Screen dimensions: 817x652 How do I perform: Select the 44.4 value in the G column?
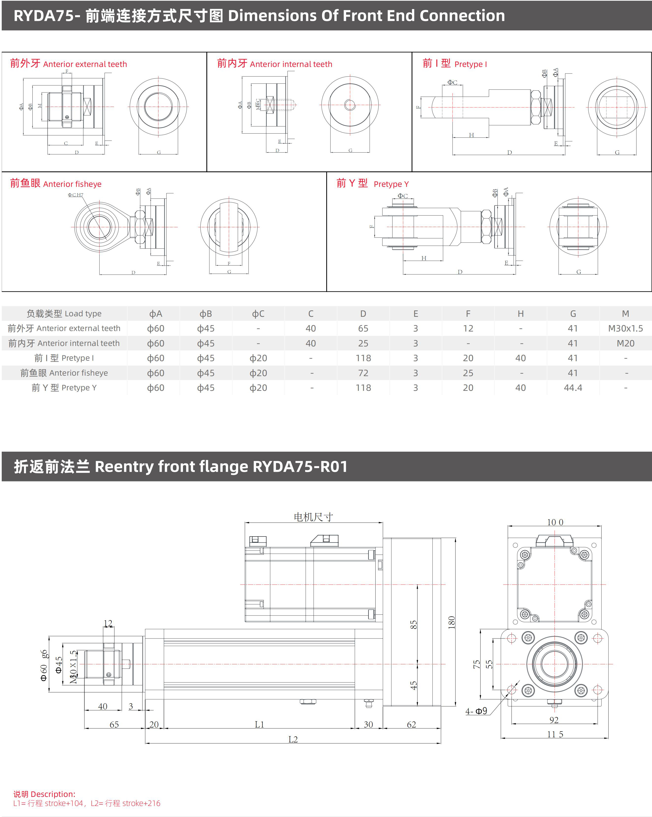click(x=573, y=388)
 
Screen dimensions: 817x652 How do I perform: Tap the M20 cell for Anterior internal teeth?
click(x=625, y=343)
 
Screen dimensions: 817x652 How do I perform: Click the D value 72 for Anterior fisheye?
click(x=363, y=373)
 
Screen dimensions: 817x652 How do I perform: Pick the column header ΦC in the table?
click(x=258, y=314)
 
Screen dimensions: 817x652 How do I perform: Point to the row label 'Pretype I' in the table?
click(x=64, y=358)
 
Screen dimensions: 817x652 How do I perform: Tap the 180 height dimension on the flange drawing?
click(x=451, y=623)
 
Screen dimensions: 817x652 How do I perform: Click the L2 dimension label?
click(x=293, y=739)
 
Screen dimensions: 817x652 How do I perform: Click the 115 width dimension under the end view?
click(x=555, y=734)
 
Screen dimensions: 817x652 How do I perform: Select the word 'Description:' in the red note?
click(x=53, y=794)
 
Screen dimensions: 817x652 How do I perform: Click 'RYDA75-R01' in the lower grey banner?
click(x=300, y=466)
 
